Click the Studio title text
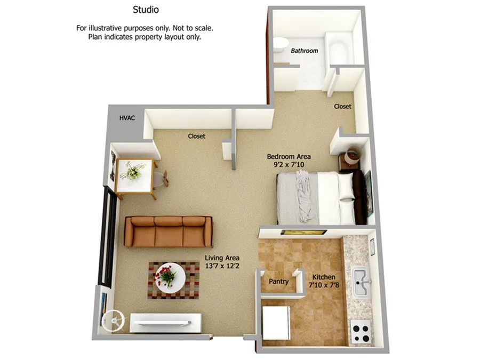[x=146, y=10]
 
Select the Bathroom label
[x=305, y=51]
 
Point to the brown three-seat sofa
[x=168, y=231]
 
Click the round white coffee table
[x=170, y=277]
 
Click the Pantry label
[x=278, y=282]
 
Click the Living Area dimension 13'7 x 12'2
[x=222, y=266]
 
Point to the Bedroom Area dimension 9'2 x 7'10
[x=288, y=165]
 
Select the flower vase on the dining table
[x=132, y=171]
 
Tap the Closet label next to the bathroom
[x=342, y=107]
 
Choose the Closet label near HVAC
[x=196, y=137]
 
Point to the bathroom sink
[x=281, y=44]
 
